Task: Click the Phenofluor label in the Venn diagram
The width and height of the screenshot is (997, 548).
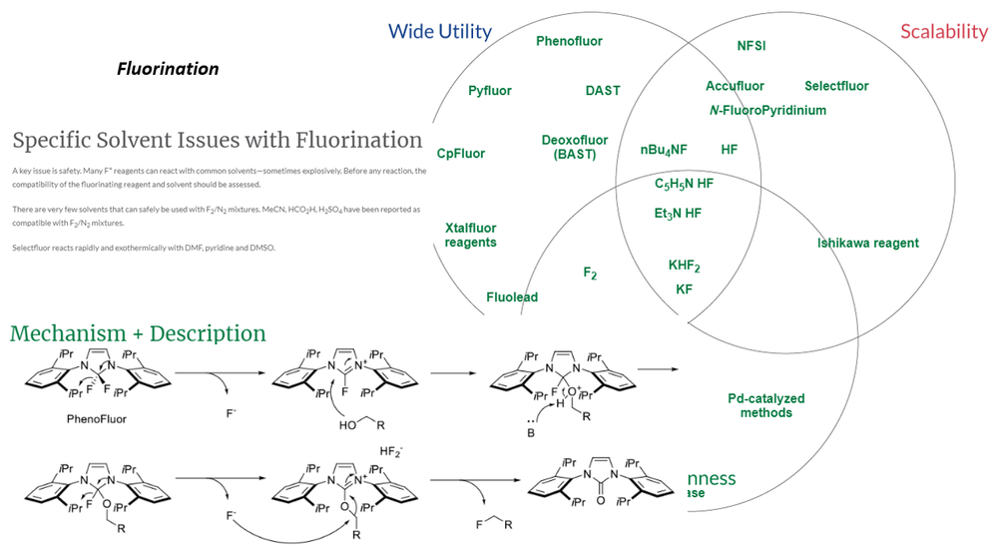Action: (569, 41)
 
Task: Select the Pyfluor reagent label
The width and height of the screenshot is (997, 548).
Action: (490, 91)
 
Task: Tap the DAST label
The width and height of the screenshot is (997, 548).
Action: (603, 91)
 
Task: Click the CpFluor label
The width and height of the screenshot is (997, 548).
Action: (461, 154)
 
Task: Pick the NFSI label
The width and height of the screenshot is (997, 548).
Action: (751, 46)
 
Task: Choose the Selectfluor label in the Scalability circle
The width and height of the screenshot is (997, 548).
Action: (836, 86)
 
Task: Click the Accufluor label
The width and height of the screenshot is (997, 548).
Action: (736, 86)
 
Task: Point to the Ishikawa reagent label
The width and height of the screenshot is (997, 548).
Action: (868, 243)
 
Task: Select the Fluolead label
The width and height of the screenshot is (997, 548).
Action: (512, 297)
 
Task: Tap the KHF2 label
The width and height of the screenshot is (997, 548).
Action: (685, 266)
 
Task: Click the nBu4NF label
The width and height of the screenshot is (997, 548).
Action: (664, 150)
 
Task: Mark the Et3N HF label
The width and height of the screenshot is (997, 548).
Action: (679, 213)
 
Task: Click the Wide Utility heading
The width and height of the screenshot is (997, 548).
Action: (439, 31)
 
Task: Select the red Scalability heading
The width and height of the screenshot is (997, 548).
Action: (943, 31)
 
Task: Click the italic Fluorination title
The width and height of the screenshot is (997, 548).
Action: (168, 69)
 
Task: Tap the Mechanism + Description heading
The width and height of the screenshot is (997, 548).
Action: (138, 333)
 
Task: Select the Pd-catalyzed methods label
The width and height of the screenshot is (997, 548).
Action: (766, 406)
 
